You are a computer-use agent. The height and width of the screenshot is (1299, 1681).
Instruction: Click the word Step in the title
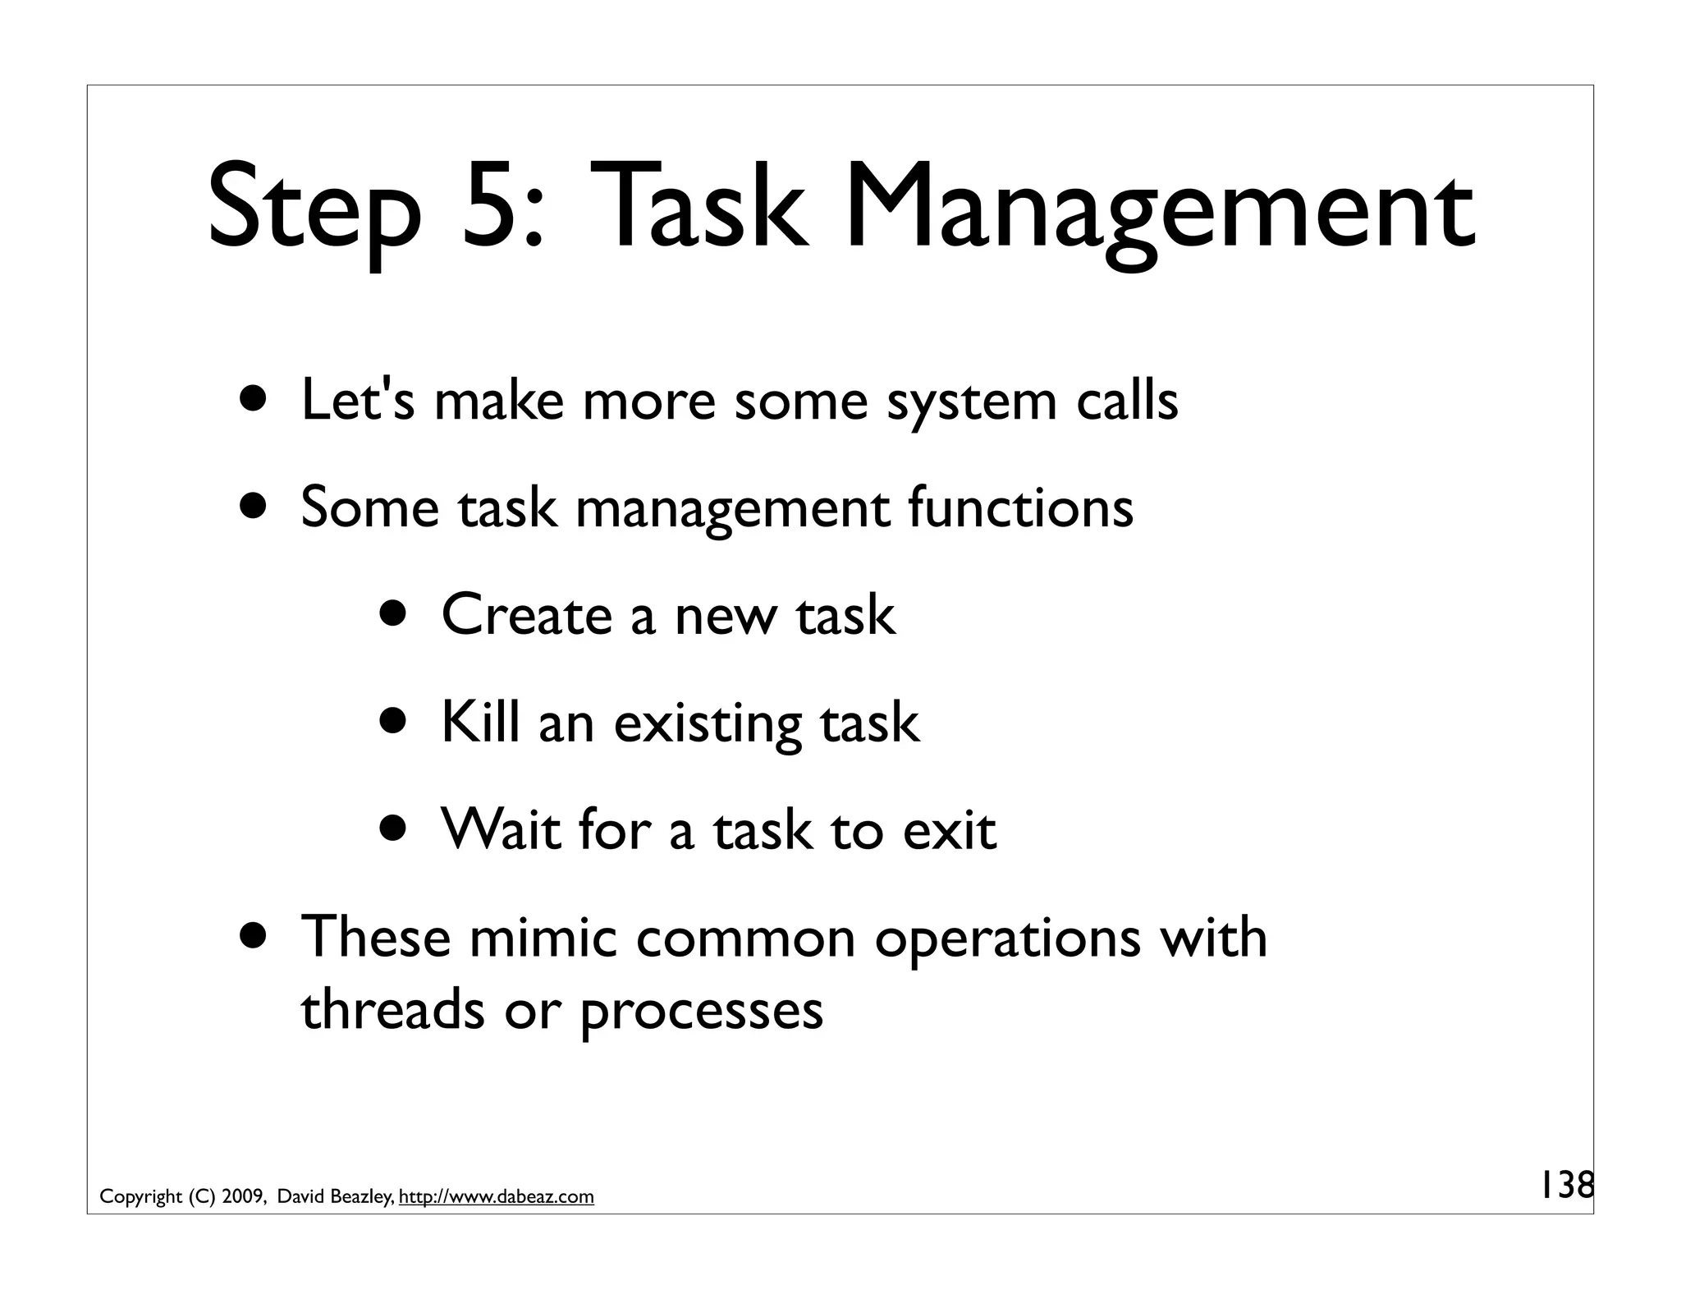[314, 209]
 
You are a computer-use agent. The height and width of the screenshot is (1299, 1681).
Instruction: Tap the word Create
[526, 615]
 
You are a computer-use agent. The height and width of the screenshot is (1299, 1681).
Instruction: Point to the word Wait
[500, 829]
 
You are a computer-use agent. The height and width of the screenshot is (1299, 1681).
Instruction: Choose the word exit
[949, 829]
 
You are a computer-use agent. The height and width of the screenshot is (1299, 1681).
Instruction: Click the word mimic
[543, 937]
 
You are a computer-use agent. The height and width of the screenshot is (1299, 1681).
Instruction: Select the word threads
[392, 1009]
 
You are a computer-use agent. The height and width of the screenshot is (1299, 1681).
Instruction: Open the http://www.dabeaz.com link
[496, 1197]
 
